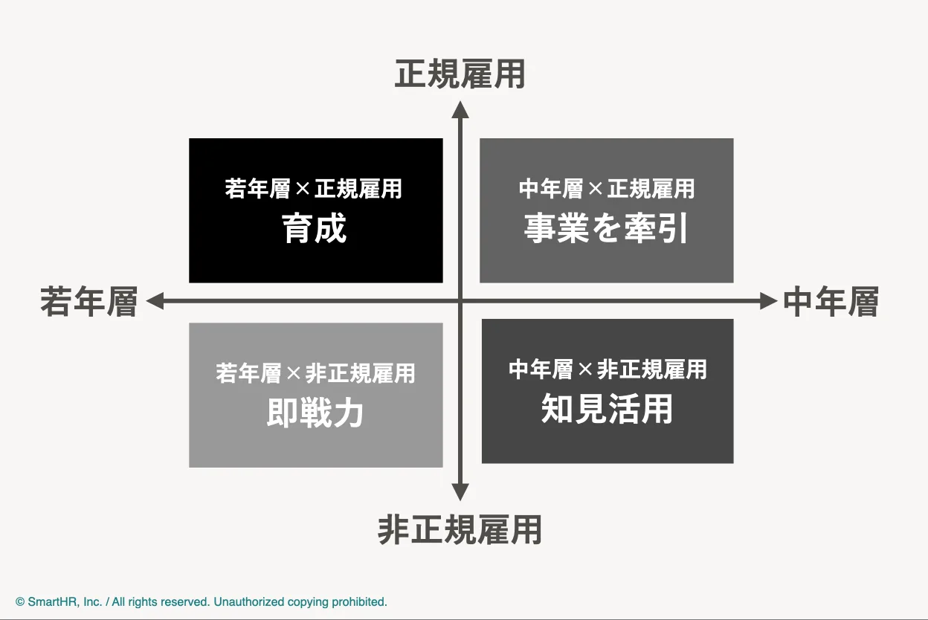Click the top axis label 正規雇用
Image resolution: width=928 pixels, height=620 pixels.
point(460,75)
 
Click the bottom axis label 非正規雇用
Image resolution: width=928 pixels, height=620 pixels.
point(460,530)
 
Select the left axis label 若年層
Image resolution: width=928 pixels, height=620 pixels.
point(89,302)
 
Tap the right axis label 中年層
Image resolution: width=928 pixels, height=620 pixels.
point(831,302)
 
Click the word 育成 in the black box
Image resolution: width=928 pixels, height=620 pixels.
point(315,229)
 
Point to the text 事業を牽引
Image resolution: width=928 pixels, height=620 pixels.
point(606,229)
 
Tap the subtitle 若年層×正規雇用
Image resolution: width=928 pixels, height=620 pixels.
point(313,189)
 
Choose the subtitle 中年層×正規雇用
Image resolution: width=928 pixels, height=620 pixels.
point(606,189)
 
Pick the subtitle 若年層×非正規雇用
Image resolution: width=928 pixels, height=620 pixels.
point(315,372)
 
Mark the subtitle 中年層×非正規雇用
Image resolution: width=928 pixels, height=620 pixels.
point(607,369)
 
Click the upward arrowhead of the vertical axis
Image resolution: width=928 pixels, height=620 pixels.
point(461,110)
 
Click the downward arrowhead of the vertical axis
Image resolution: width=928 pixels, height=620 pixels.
point(461,491)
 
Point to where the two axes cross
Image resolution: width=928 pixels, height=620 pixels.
point(461,300)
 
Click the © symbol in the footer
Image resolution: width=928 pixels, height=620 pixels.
point(20,602)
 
